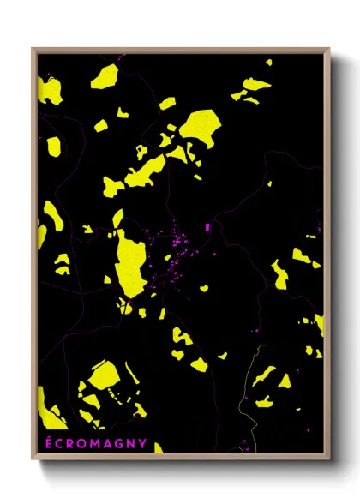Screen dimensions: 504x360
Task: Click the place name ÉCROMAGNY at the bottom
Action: [x=95, y=443]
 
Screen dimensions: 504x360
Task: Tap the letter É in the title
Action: [x=47, y=443]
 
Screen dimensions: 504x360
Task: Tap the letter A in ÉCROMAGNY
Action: [x=107, y=443]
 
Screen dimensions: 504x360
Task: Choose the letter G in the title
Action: [x=119, y=443]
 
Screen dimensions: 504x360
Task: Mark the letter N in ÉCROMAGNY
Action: [x=131, y=443]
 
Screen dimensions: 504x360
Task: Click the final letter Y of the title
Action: [x=142, y=443]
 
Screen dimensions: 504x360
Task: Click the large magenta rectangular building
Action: [x=207, y=226]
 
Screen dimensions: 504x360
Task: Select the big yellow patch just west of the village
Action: [x=131, y=261]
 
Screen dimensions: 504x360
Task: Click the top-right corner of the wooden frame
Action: [x=329, y=49]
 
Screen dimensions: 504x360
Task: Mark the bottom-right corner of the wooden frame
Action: [x=329, y=460]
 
